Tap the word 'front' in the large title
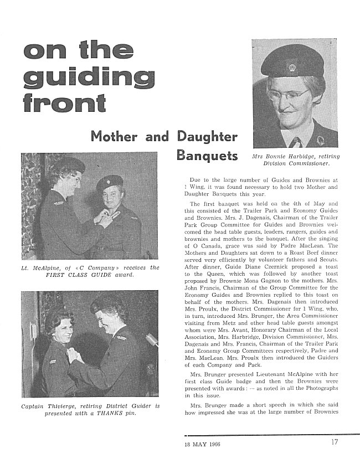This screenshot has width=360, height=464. click(65, 103)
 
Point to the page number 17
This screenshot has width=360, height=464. click(335, 442)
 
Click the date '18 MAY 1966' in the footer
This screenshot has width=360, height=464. click(203, 444)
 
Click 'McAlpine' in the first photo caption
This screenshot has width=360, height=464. click(45, 268)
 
